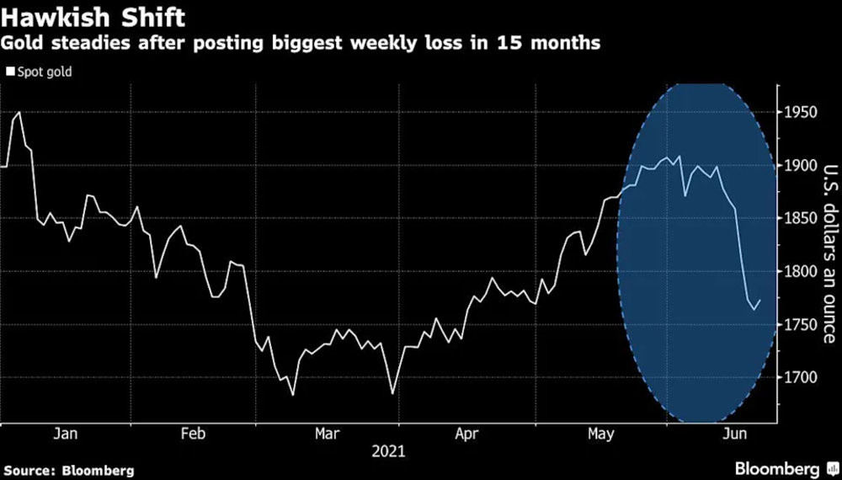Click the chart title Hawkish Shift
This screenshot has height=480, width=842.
click(93, 16)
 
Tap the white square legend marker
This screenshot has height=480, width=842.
click(10, 72)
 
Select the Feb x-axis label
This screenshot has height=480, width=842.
click(194, 434)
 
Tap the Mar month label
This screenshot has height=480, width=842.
click(327, 434)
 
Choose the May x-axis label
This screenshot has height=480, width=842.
click(600, 434)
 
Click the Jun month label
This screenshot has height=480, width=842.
click(737, 434)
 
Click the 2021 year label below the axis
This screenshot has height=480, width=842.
click(387, 451)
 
